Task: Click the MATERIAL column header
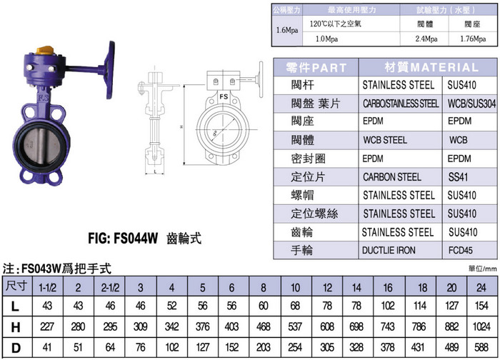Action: (431, 68)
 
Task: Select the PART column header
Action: (316, 68)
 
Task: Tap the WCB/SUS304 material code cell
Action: (471, 104)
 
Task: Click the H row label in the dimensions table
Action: (16, 326)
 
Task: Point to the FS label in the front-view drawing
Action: (224, 95)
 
